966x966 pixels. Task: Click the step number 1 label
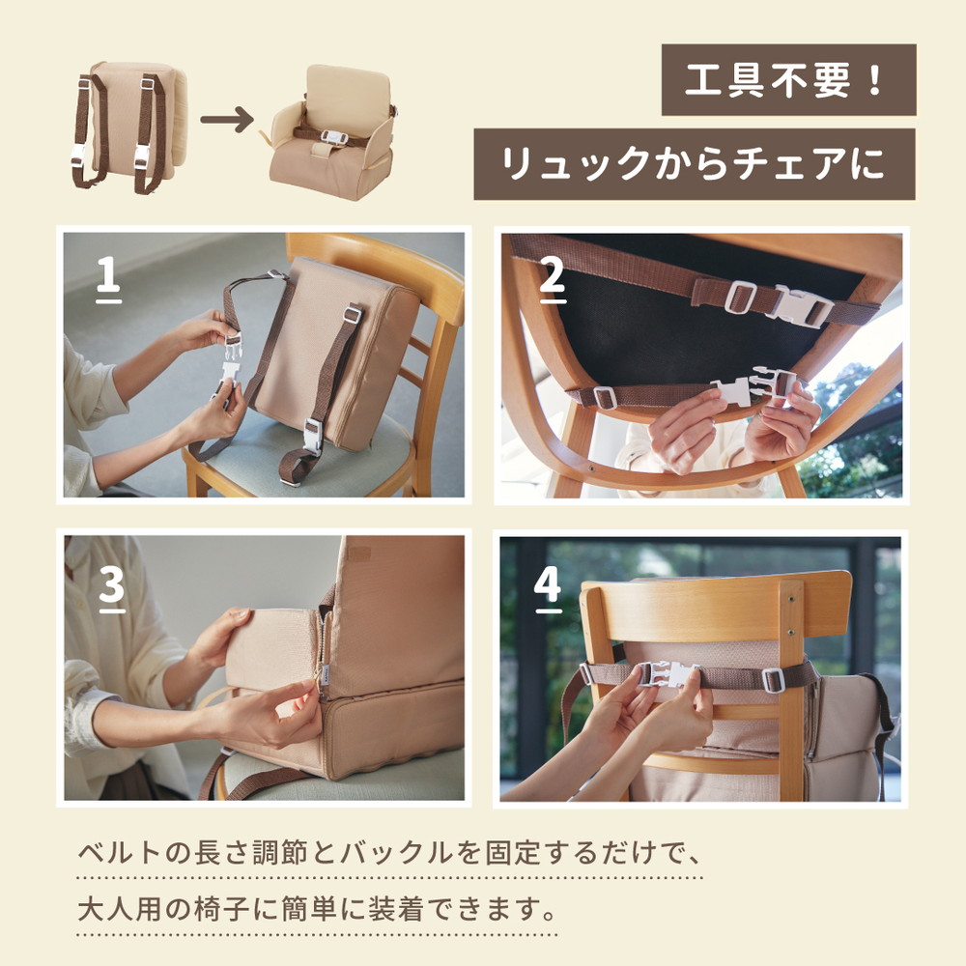coord(108,275)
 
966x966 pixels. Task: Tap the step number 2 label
coord(551,276)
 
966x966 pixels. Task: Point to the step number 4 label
coord(548,584)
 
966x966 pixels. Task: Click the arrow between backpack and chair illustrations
coord(233,123)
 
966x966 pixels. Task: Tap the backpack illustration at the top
coord(131,126)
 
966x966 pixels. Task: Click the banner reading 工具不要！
coord(788,80)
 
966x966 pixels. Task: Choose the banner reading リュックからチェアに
coord(694,164)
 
